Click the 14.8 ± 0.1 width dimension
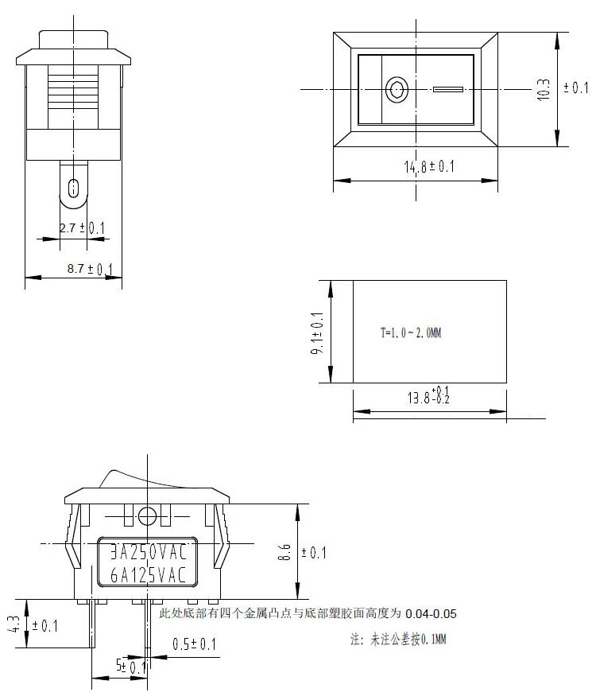pyautogui.click(x=428, y=167)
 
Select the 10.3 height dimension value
pyautogui.click(x=544, y=88)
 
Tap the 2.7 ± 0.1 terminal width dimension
pyautogui.click(x=82, y=228)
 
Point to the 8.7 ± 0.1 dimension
pyautogui.click(x=89, y=269)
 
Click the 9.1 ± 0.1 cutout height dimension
pyautogui.click(x=318, y=333)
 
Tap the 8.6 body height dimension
pyautogui.click(x=284, y=552)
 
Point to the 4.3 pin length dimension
pyautogui.click(x=14, y=625)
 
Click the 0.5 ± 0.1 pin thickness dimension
pyautogui.click(x=194, y=644)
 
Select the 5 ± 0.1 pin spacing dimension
pyautogui.click(x=131, y=667)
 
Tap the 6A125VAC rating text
pyautogui.click(x=148, y=574)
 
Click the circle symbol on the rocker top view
pyautogui.click(x=395, y=89)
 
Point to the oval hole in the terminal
pyautogui.click(x=74, y=189)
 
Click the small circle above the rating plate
pyautogui.click(x=147, y=515)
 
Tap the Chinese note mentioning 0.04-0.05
pyautogui.click(x=308, y=614)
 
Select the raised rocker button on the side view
pyautogui.click(x=127, y=477)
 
